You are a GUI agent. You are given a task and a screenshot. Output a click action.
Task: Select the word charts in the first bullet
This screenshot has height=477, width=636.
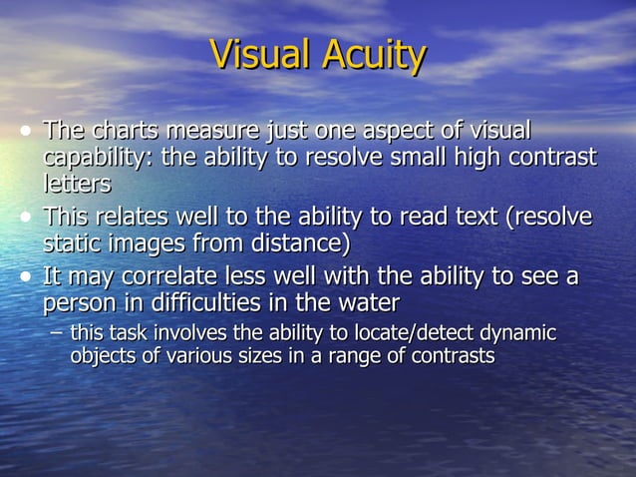click(126, 131)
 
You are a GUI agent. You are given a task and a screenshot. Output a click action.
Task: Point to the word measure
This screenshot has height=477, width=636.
click(210, 131)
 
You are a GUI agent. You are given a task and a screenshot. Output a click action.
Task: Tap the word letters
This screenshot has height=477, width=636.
click(77, 184)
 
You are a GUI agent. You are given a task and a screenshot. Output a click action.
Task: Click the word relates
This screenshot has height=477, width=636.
click(143, 217)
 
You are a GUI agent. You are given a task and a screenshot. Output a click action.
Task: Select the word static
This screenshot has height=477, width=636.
click(73, 242)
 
